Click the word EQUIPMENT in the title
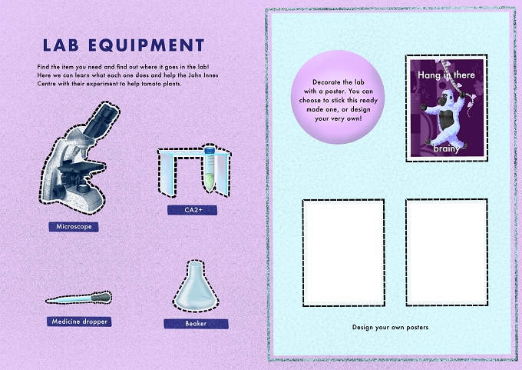(146, 45)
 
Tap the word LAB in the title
(61, 45)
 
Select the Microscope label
(74, 226)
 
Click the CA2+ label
(192, 210)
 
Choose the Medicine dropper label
(79, 322)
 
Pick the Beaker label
(196, 324)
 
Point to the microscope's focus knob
(59, 192)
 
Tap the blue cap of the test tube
(210, 150)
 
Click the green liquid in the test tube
(209, 182)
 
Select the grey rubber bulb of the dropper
(101, 297)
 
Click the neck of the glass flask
(196, 268)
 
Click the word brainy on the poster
(447, 148)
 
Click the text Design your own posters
(390, 327)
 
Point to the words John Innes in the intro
(206, 75)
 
